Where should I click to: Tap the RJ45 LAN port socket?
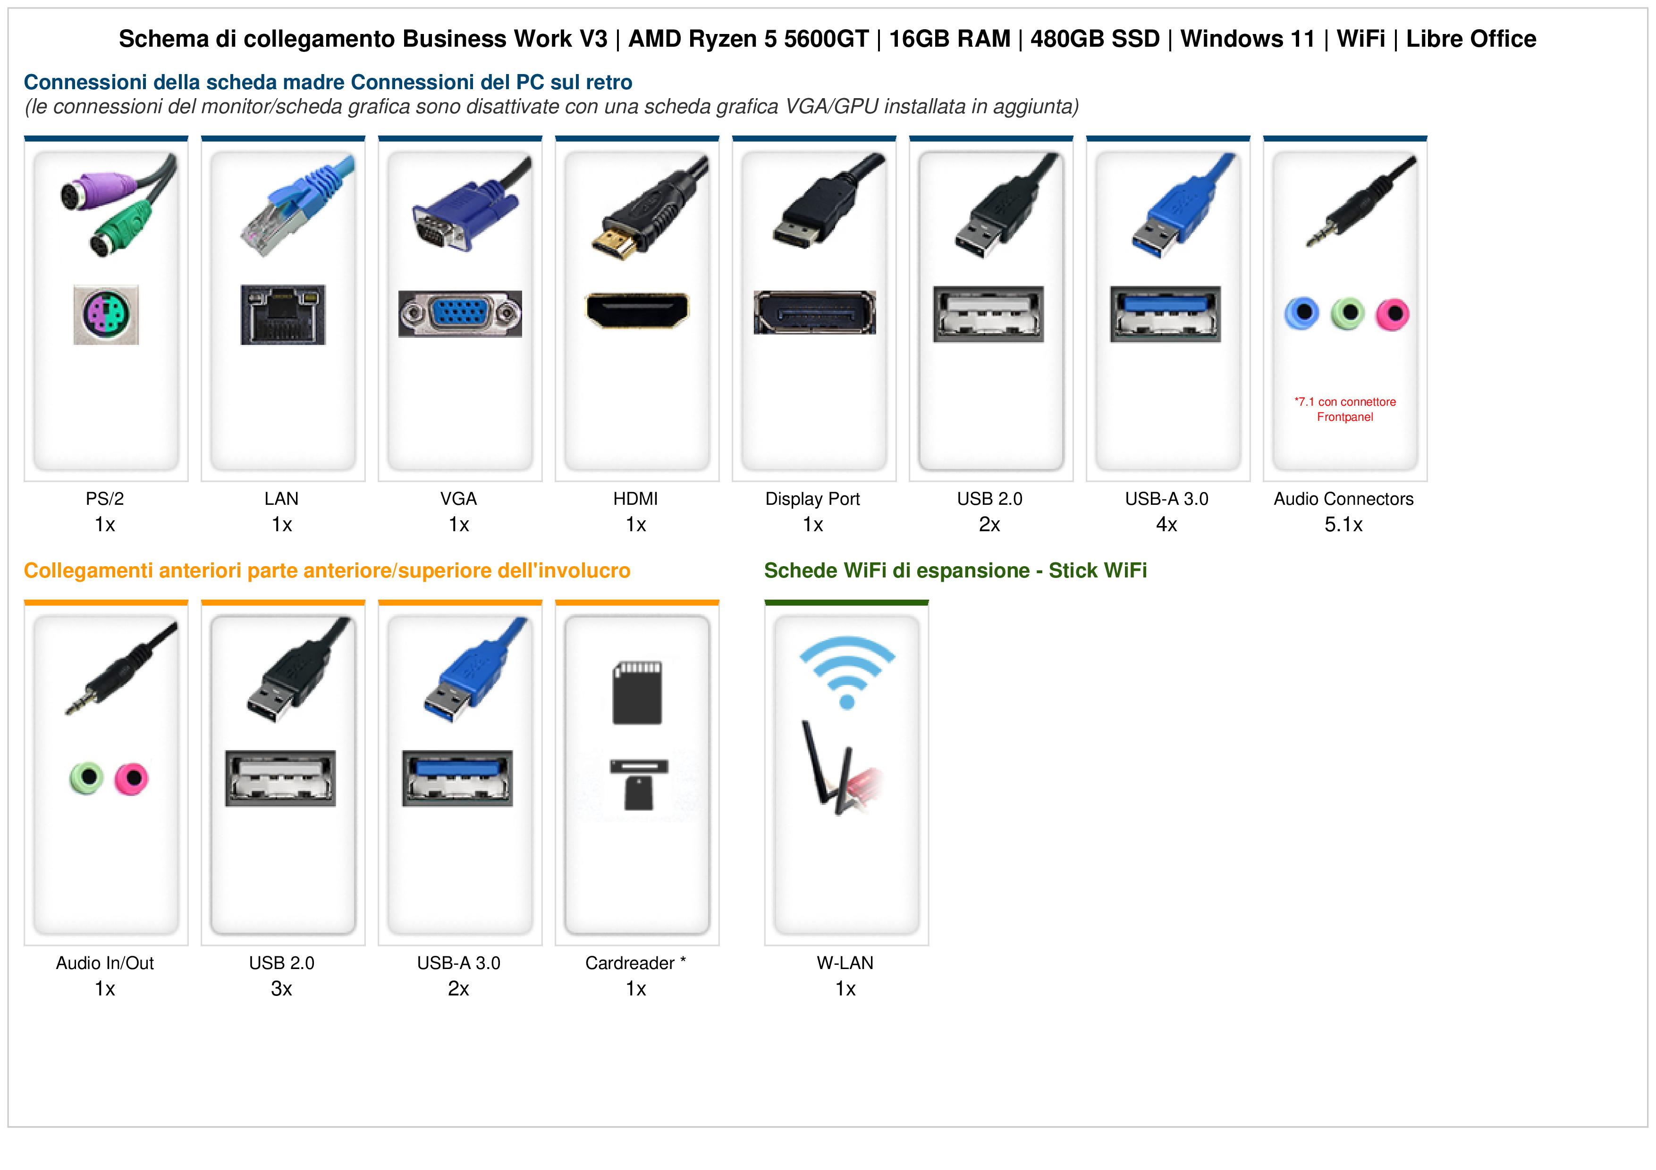(283, 314)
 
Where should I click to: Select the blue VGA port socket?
(460, 314)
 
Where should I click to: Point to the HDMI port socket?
(637, 310)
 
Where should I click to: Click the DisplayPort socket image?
(814, 312)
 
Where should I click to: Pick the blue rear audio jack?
(1302, 314)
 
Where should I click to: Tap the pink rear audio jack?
(1392, 314)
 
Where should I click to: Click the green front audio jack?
(86, 778)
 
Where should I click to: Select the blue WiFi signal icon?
(847, 675)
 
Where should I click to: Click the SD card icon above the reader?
(637, 693)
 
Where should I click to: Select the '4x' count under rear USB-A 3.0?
(1166, 525)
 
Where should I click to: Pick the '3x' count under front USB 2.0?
(281, 989)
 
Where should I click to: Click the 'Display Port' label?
(813, 499)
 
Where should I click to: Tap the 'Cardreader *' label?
(635, 963)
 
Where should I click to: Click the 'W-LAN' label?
(845, 963)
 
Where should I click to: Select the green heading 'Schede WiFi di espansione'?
(896, 571)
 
